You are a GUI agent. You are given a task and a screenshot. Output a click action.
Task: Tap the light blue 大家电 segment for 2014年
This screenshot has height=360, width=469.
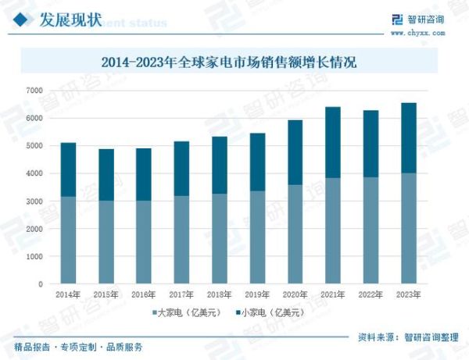pyautogui.click(x=69, y=240)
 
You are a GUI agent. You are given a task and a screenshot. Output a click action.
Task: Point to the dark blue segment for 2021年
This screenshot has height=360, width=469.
pyautogui.click(x=332, y=142)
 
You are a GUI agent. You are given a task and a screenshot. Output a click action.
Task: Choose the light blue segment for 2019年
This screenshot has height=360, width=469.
pyautogui.click(x=257, y=237)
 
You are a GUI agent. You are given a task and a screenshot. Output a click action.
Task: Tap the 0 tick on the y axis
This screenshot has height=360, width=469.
pyautogui.click(x=40, y=284)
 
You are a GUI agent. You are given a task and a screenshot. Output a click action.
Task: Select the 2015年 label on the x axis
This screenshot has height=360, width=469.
pyautogui.click(x=106, y=295)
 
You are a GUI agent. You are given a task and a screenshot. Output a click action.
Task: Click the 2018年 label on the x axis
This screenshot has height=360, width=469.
pyautogui.click(x=219, y=295)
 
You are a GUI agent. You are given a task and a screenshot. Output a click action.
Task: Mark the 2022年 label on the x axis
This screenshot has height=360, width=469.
pyautogui.click(x=370, y=295)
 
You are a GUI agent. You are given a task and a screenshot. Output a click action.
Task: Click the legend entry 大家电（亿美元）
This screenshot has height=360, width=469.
pyautogui.click(x=185, y=312)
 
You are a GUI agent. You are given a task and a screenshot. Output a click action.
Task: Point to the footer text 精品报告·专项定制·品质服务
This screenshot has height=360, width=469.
pyautogui.click(x=78, y=347)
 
